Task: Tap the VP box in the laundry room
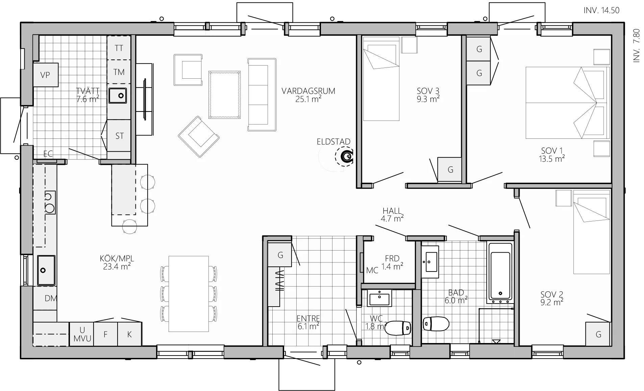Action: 46,75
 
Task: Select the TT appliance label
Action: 119,48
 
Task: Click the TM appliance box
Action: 119,72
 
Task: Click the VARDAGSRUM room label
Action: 308,91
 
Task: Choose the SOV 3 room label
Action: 428,91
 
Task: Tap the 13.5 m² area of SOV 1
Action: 551,159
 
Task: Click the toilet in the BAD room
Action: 436,324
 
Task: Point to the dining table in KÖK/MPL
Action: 189,294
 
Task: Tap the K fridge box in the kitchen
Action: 129,334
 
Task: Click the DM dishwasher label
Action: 51,298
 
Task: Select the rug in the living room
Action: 225,95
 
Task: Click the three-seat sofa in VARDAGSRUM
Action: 262,95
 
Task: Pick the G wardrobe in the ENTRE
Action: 280,255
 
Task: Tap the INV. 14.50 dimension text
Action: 601,10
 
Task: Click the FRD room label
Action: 392,259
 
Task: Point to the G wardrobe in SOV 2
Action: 598,334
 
